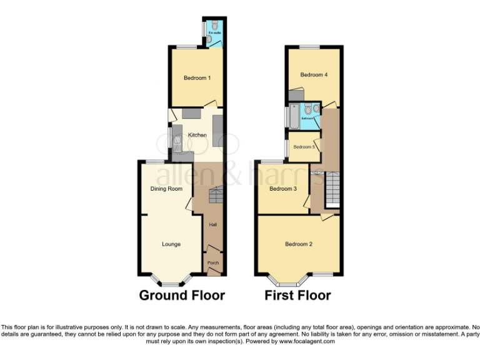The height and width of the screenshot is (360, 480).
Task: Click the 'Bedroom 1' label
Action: pyautogui.click(x=197, y=78)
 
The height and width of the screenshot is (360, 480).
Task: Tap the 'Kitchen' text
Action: pyautogui.click(x=197, y=135)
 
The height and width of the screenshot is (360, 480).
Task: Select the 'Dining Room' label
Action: pyautogui.click(x=167, y=189)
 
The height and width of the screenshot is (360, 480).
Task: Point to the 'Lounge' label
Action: pyautogui.click(x=171, y=244)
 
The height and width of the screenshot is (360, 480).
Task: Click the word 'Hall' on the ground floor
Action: pyautogui.click(x=212, y=225)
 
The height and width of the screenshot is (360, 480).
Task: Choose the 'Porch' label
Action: pyautogui.click(x=212, y=263)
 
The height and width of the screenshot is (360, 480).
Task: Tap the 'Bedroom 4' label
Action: pyautogui.click(x=314, y=75)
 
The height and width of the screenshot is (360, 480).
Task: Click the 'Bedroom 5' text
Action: pyautogui.click(x=304, y=147)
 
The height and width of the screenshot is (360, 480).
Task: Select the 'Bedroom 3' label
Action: pyautogui.click(x=282, y=189)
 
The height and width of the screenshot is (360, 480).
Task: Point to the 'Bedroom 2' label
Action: pyautogui.click(x=298, y=244)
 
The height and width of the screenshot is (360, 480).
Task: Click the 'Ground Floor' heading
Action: pyautogui.click(x=182, y=295)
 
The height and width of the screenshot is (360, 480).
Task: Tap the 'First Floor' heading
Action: pyautogui.click(x=297, y=295)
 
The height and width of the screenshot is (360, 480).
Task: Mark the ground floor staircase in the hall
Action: pyautogui.click(x=216, y=196)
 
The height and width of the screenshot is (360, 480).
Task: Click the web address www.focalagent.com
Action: pyautogui.click(x=307, y=341)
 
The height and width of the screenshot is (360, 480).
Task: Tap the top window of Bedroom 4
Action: pyautogui.click(x=307, y=47)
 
